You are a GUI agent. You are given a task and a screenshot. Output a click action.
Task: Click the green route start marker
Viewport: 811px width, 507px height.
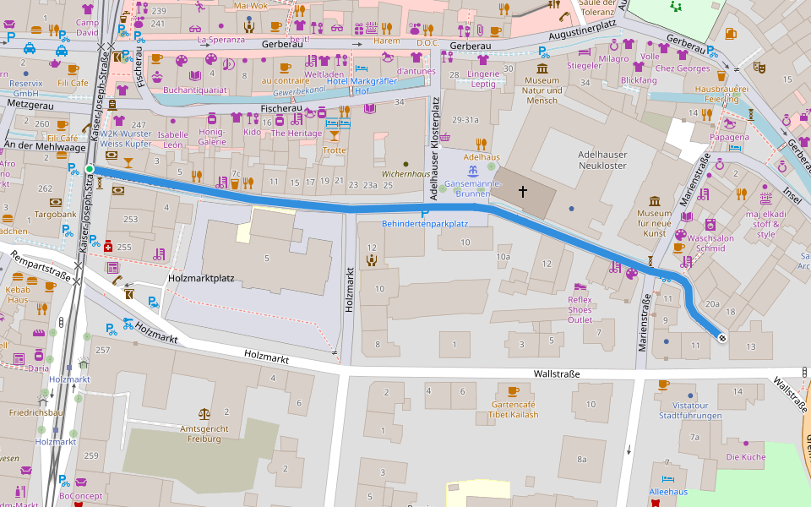tap(90, 170)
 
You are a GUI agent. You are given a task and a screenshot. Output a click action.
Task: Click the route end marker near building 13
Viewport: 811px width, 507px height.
tap(721, 338)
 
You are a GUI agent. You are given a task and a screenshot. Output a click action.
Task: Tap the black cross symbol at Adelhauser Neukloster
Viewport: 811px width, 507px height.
tap(522, 193)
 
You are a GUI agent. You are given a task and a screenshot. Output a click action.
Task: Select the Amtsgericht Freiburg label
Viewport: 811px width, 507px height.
tap(204, 433)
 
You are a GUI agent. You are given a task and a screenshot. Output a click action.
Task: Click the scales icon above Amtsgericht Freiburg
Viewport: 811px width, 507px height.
tap(204, 414)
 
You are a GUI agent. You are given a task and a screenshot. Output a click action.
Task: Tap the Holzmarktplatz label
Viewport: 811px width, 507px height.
tap(201, 277)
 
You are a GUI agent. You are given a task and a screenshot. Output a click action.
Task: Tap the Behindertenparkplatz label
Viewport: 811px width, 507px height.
tap(425, 224)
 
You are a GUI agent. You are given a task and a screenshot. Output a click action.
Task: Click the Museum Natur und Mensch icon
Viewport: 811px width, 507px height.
tap(542, 68)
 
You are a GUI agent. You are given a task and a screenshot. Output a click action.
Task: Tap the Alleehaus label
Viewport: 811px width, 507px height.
tap(668, 492)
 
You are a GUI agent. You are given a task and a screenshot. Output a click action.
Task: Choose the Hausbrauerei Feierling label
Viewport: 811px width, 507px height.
tap(716, 93)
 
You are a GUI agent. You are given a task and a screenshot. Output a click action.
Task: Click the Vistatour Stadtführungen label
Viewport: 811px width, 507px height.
tap(690, 411)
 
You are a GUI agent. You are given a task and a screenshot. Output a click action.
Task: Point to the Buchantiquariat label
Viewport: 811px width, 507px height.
tap(194, 89)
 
